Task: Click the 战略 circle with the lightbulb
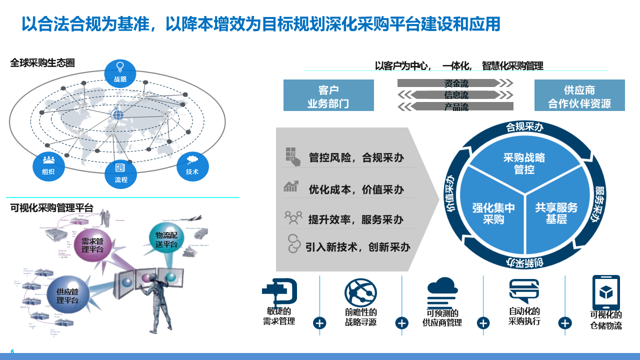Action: click(120, 73)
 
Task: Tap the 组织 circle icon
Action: click(48, 166)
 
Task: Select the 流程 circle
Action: click(120, 173)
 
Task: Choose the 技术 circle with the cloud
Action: click(192, 166)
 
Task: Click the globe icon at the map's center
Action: click(117, 114)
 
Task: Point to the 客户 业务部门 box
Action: click(328, 95)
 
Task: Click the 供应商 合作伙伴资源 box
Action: click(579, 95)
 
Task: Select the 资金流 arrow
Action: click(455, 83)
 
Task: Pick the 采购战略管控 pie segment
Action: click(524, 163)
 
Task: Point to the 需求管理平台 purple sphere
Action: click(92, 244)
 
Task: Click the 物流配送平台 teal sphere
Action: click(166, 239)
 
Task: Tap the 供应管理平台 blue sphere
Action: click(67, 296)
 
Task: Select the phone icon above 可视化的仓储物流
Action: click(606, 292)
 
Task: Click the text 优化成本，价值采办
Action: click(356, 189)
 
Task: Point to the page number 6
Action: click(12, 351)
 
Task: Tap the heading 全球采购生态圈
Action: click(42, 63)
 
